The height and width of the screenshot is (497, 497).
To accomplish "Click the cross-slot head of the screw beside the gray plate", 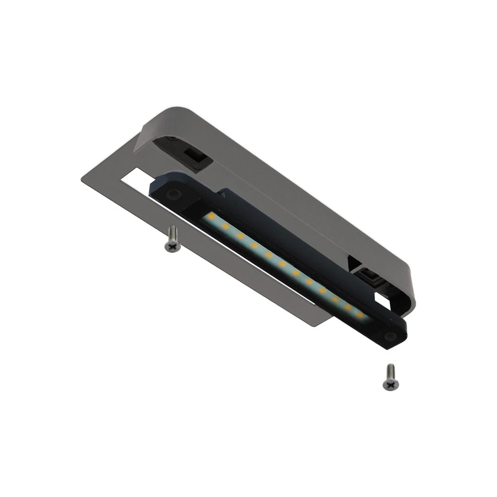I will [x=172, y=247].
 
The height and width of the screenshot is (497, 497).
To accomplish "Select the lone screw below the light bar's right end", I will [x=391, y=378].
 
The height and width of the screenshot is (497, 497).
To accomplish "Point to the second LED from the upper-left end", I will [x=225, y=226].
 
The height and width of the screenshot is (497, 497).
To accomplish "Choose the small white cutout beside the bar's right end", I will [x=383, y=301].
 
